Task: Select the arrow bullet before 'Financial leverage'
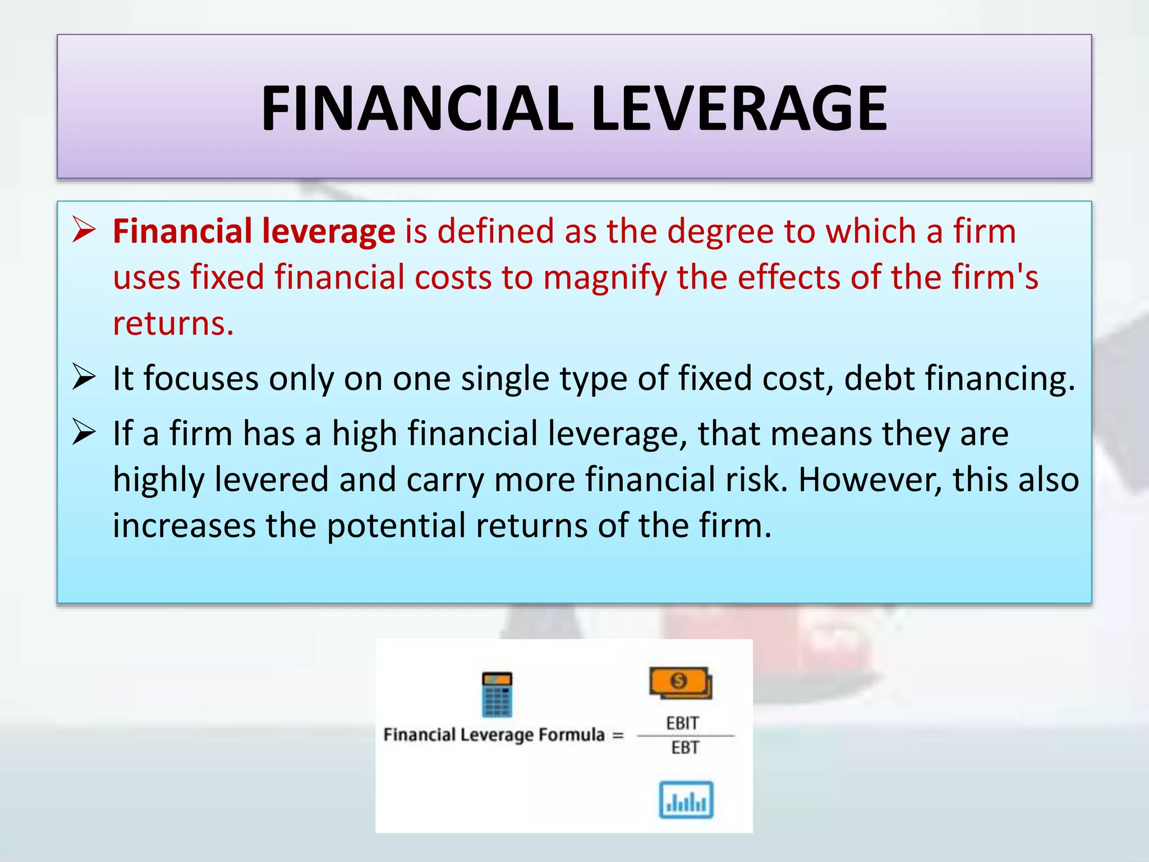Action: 84,230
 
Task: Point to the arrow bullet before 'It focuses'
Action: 84,377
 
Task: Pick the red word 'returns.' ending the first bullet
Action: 173,324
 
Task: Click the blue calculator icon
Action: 497,694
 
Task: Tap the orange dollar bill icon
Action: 680,682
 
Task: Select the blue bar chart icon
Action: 686,800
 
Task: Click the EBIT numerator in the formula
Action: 682,723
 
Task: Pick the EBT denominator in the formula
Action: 685,748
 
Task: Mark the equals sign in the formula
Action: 618,735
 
